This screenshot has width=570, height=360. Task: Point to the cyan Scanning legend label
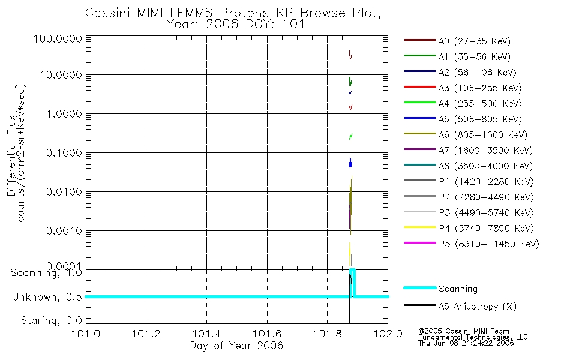[x=458, y=289]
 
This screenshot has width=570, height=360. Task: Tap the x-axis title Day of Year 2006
[x=236, y=346]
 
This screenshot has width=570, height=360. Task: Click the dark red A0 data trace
[x=350, y=55]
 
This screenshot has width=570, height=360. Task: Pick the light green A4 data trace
[x=350, y=137]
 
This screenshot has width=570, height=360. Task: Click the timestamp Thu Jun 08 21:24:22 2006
[x=467, y=344]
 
